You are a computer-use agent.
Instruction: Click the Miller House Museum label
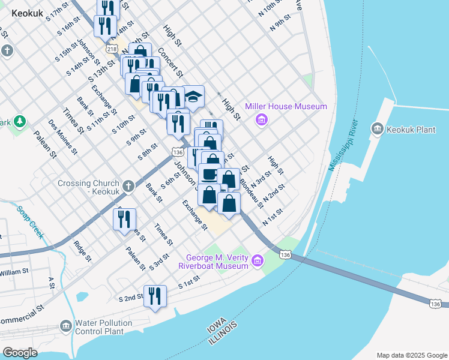(286, 107)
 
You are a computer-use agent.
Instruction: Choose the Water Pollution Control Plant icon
(66, 326)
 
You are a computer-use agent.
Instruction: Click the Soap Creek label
(30, 223)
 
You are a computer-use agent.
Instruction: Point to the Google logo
(20, 352)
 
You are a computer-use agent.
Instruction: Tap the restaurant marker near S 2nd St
(155, 296)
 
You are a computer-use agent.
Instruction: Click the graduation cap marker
(194, 96)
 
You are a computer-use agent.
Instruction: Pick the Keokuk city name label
(28, 13)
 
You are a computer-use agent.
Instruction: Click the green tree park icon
(20, 122)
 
